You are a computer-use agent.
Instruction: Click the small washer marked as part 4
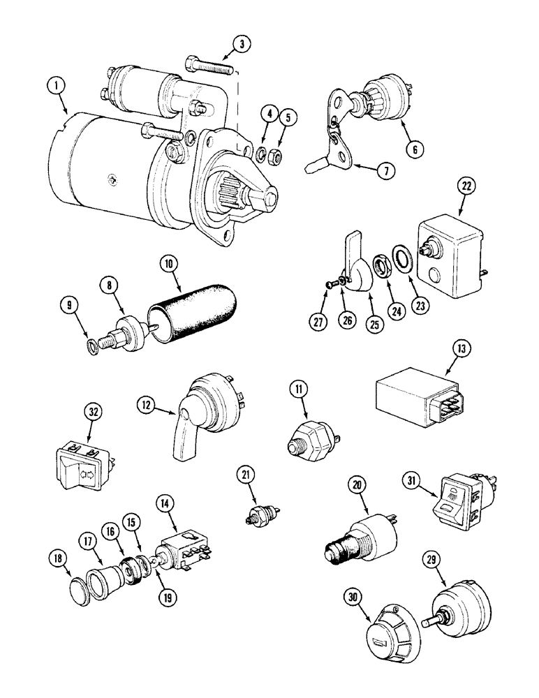pyautogui.click(x=260, y=154)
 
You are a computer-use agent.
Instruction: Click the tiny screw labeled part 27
pyautogui.click(x=330, y=283)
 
